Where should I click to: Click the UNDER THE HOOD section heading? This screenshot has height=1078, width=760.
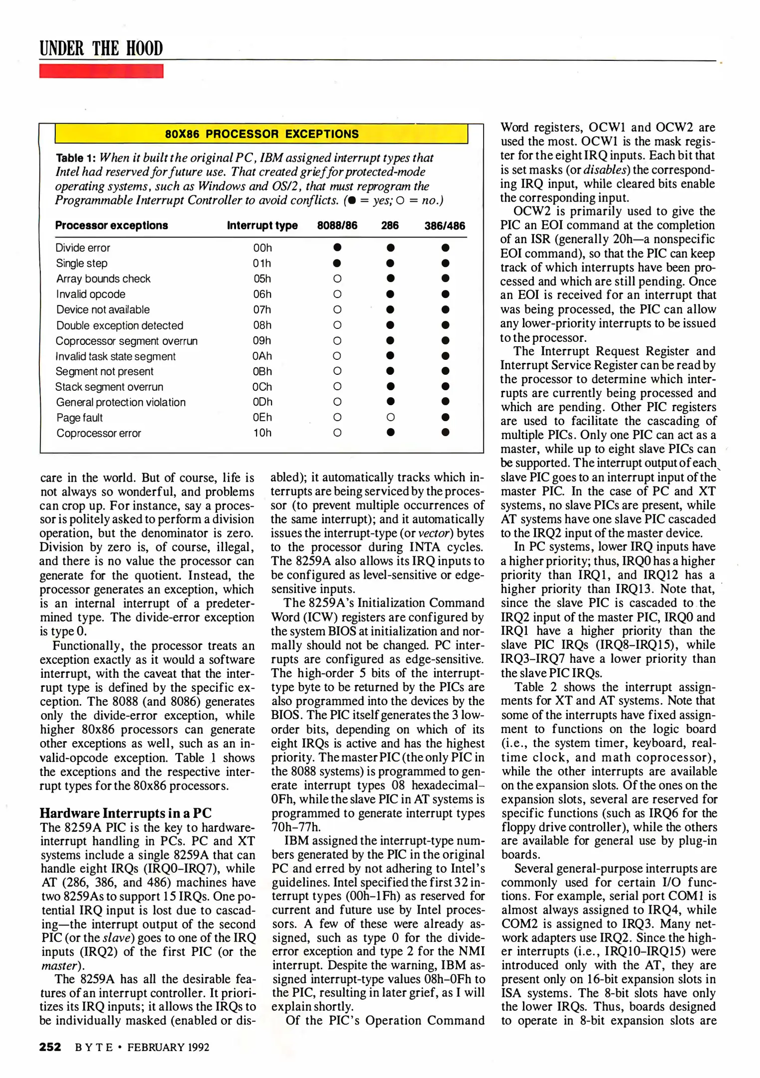point(101,49)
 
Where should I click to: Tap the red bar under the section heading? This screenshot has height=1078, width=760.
point(101,71)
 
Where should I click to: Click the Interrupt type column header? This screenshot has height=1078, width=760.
point(262,226)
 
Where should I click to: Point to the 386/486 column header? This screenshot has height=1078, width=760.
point(445,226)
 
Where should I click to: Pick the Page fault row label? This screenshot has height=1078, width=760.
point(79,418)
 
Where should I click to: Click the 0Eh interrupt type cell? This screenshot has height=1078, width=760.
point(262,417)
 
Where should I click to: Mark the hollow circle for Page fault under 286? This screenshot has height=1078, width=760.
point(391,417)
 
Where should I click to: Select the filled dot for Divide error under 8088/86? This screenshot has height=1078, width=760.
point(337,248)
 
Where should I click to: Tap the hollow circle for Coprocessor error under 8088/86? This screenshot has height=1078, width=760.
point(337,433)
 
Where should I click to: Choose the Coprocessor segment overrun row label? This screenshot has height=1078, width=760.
point(127,341)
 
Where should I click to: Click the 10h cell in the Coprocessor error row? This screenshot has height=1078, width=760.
point(262,433)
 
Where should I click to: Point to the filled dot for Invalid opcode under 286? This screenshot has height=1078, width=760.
point(391,294)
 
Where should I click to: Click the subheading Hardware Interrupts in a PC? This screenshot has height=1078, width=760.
point(126,813)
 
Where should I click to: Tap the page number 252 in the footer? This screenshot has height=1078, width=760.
point(50,1047)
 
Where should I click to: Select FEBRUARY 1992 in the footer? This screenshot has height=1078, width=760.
point(168,1047)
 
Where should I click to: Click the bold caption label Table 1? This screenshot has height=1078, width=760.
point(75,158)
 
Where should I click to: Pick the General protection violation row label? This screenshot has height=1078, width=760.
point(121,402)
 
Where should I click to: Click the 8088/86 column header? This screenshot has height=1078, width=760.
point(337,226)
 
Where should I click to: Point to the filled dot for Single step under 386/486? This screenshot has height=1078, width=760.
point(446,263)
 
